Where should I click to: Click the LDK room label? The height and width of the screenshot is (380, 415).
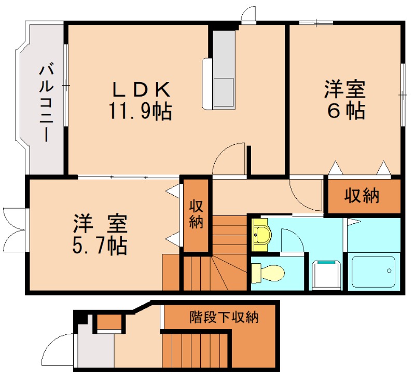[141, 89]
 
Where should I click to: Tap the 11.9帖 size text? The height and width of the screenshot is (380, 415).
[140, 111]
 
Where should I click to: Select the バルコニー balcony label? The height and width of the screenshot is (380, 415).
[47, 104]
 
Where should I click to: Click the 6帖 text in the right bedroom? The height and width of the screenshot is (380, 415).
[345, 111]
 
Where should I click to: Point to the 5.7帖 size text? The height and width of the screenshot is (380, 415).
[100, 246]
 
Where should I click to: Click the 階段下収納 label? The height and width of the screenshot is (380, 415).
[224, 317]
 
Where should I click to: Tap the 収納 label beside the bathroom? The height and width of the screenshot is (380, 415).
[362, 196]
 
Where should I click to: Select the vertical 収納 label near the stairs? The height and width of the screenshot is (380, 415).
[196, 214]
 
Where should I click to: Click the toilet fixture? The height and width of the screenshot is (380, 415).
[268, 273]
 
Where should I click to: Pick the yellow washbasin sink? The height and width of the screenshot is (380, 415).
[261, 235]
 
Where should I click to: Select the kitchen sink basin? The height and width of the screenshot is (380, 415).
[224, 92]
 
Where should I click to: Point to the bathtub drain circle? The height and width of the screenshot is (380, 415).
[389, 270]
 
